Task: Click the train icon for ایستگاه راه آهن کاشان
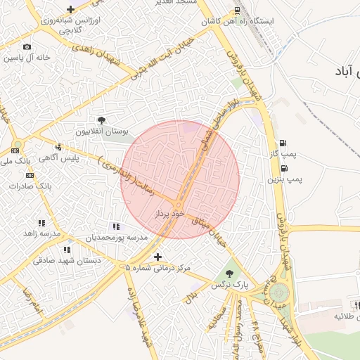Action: [237, 11]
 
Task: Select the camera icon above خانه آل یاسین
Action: [27, 47]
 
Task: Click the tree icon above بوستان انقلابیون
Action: [101, 121]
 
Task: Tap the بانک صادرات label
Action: [28, 186]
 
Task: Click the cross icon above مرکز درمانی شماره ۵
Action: [157, 257]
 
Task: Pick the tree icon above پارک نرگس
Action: [229, 274]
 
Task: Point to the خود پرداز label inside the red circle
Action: [169, 212]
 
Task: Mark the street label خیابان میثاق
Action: [211, 228]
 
